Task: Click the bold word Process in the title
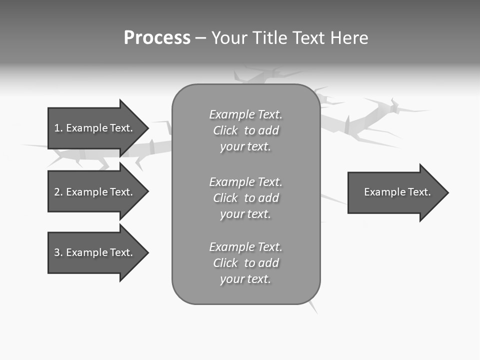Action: click(157, 38)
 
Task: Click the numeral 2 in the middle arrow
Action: click(57, 192)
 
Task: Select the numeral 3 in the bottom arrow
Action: click(57, 252)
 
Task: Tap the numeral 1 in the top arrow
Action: click(57, 128)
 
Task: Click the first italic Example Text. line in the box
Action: click(245, 114)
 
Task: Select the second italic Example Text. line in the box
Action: click(245, 182)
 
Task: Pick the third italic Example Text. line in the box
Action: click(245, 247)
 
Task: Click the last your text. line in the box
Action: click(245, 279)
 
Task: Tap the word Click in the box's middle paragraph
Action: click(225, 198)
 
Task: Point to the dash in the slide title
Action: click(200, 38)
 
